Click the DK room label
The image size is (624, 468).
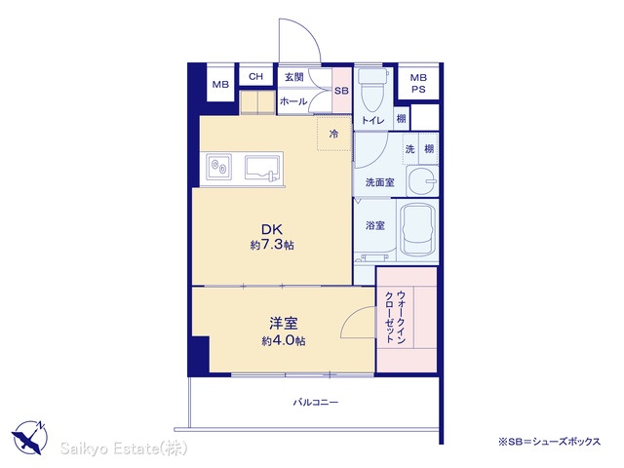point(272,229)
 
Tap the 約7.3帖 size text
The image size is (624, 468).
point(272,245)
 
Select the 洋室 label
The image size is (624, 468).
point(284,323)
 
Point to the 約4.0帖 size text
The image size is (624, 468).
point(284,340)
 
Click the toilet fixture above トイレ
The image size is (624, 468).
point(372,90)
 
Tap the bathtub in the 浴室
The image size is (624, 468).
point(417,230)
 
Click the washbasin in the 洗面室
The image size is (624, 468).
point(422,181)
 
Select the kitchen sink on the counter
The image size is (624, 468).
point(261,168)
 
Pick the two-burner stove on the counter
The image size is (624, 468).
point(218,166)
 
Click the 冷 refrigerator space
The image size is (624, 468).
point(333,134)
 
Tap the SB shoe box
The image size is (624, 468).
point(341,91)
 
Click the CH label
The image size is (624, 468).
point(255,76)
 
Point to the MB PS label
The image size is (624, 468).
point(418,84)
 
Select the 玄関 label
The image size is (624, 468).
point(294,77)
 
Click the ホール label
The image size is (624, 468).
point(293,101)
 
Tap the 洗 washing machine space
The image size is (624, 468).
point(410,149)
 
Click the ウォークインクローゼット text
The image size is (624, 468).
point(396,317)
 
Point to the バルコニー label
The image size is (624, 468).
point(316,402)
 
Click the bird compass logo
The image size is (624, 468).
point(29,437)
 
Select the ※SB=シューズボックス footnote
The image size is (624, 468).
point(549,442)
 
